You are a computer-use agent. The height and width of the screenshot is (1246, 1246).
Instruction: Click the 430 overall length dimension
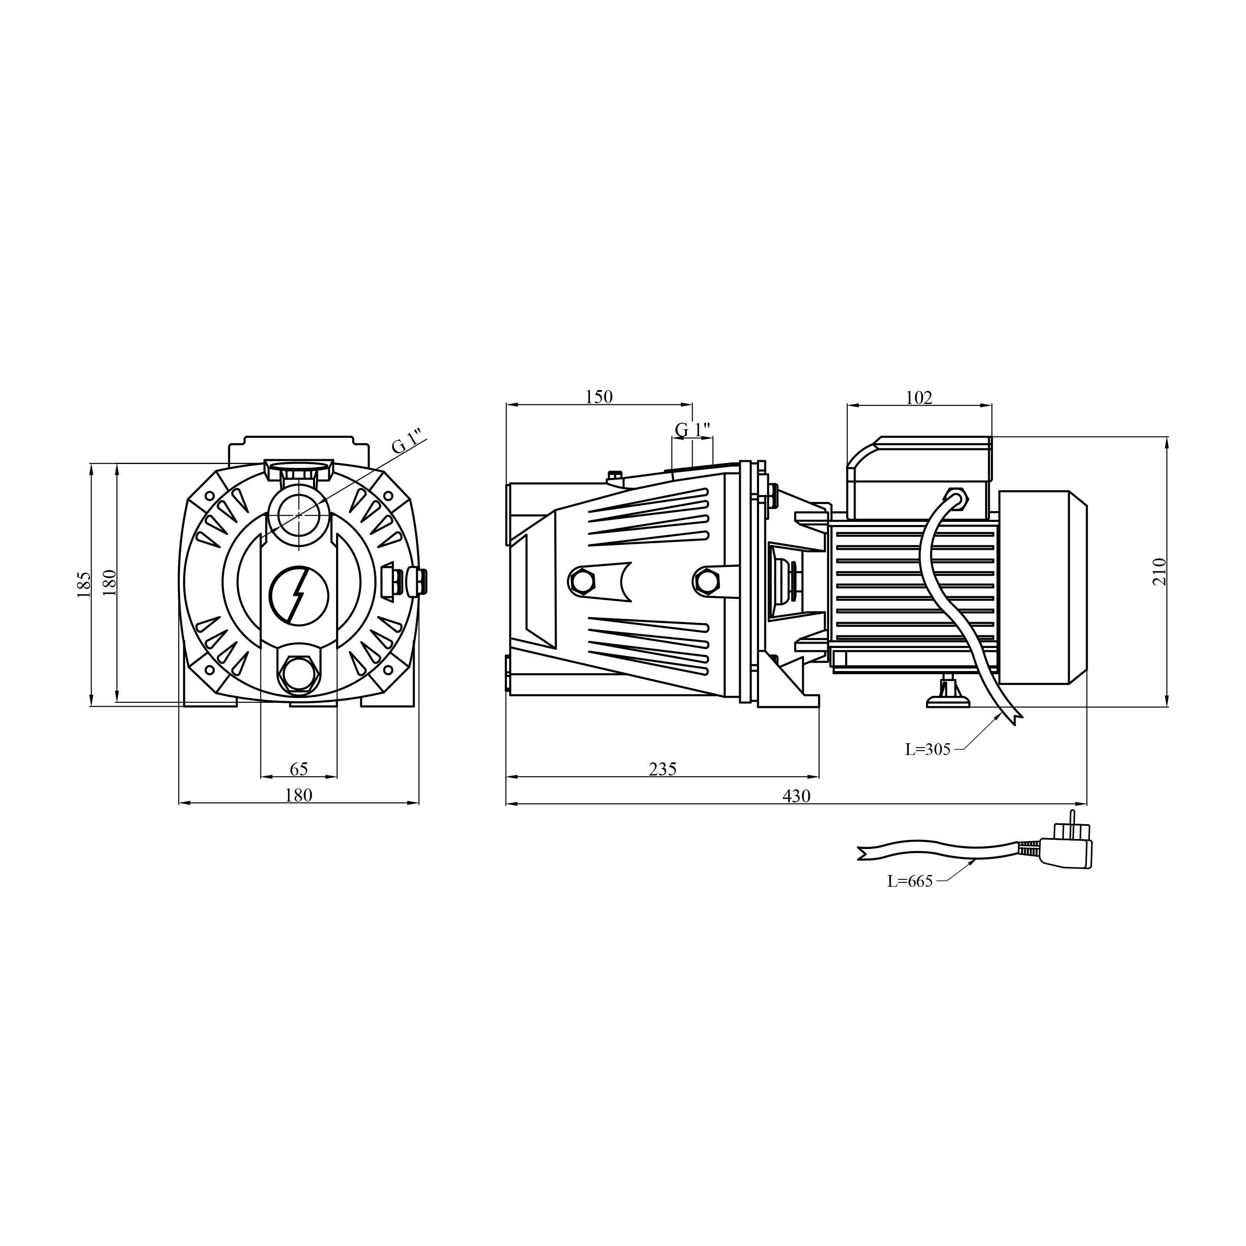(x=796, y=796)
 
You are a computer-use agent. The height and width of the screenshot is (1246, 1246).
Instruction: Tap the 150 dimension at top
(x=599, y=397)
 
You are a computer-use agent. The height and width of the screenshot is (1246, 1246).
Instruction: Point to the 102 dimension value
(x=919, y=398)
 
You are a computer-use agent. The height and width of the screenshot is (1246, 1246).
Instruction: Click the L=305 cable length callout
(x=928, y=749)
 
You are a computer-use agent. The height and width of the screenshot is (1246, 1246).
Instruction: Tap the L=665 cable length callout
(x=910, y=882)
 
